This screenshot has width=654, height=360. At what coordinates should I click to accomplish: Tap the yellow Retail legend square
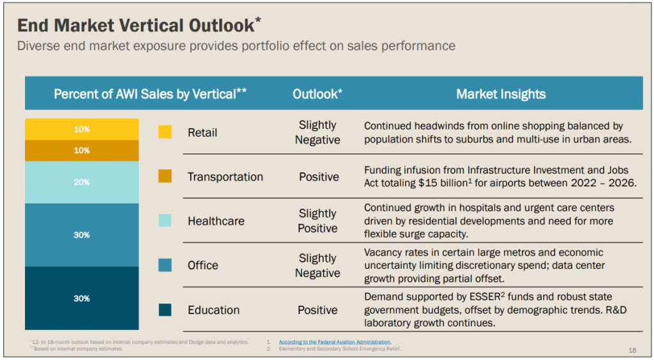tap(165, 132)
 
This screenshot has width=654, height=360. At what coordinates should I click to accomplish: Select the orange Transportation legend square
tap(165, 176)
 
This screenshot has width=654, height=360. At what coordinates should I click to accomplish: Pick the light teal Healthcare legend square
tap(165, 220)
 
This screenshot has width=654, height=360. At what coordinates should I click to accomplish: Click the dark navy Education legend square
tap(165, 310)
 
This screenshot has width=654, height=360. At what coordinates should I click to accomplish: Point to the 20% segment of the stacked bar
tap(82, 182)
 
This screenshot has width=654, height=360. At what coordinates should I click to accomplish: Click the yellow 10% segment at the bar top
tap(82, 129)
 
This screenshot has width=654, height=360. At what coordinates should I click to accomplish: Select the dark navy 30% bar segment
tap(82, 298)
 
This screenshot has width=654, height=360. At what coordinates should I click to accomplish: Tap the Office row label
tap(202, 266)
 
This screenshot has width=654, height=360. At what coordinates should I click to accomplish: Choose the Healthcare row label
tap(216, 221)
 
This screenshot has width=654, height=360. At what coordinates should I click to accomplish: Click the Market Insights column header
tap(501, 94)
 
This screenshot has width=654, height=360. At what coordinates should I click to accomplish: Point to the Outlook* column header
tap(317, 94)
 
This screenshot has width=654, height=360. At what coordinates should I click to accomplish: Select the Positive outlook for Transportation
tap(319, 177)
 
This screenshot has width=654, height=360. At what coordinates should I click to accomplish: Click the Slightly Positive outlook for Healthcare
tap(317, 221)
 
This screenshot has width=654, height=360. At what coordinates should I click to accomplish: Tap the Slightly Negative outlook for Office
tap(317, 266)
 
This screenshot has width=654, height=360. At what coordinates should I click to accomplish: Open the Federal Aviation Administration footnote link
tap(335, 342)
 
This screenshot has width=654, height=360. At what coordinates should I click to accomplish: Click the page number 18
tap(632, 350)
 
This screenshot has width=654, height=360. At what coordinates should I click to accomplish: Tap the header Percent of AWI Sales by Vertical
tap(150, 94)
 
